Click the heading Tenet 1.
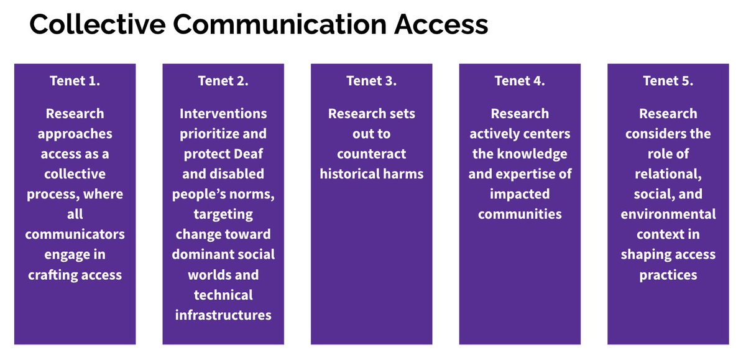pos(75,81)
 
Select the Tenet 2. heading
pos(223,81)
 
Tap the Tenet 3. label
pos(371,81)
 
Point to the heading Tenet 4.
pos(520,81)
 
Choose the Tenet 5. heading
pos(668,81)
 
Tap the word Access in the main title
pos(444,24)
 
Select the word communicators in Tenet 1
pos(75,234)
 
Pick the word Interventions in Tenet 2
pos(223,114)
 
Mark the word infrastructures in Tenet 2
pos(223,315)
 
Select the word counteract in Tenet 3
pos(371,154)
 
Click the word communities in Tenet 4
pos(520,214)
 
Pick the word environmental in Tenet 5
pos(668,214)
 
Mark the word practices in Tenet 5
pos(668,274)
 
